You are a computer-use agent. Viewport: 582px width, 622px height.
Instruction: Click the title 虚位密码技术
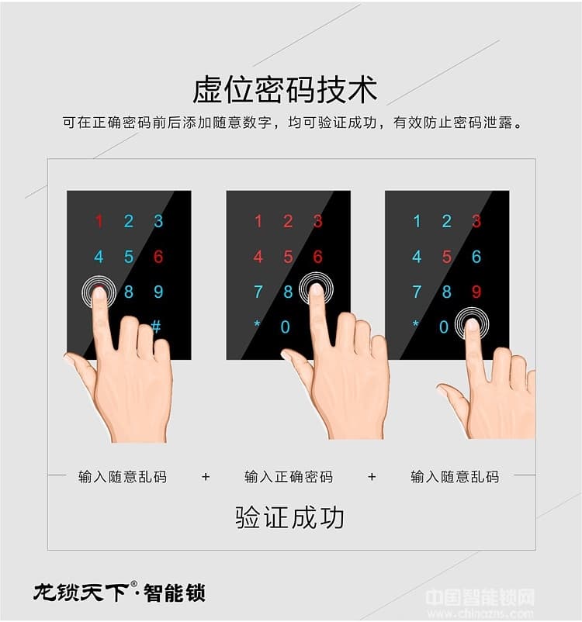285,90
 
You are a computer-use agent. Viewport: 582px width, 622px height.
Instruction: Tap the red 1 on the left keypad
99,222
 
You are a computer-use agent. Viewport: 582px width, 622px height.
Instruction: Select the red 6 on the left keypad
158,257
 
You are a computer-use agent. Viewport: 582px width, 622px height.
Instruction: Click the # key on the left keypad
156,326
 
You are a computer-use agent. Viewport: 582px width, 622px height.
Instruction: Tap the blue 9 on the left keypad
158,292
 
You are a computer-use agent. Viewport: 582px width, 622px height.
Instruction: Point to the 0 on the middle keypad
286,327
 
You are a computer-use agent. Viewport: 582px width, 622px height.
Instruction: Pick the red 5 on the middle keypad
288,257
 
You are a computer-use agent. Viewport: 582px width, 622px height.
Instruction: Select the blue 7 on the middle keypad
258,292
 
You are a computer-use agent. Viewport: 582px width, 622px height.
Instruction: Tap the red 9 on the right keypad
476,292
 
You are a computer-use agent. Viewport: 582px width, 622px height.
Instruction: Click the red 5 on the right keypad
447,257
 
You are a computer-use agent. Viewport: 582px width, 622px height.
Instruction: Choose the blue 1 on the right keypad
417,222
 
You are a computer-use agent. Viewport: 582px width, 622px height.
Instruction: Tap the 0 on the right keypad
444,327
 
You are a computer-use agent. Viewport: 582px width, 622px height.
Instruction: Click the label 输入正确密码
289,476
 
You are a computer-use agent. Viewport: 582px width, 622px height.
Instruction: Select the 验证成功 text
289,518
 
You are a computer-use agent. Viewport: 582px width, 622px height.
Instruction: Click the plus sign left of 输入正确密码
206,476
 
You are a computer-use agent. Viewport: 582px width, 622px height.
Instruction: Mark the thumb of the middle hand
296,365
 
